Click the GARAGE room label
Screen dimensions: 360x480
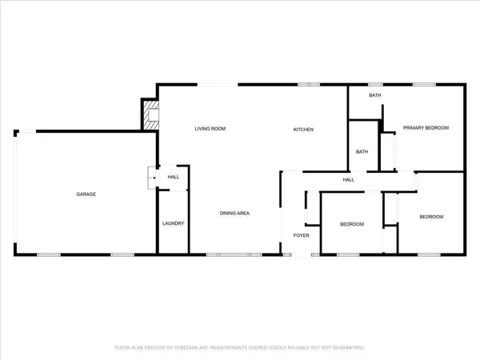click(x=86, y=194)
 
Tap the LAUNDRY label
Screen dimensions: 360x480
click(x=174, y=223)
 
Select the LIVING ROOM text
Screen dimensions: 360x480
click(x=211, y=129)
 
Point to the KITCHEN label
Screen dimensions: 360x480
click(x=302, y=129)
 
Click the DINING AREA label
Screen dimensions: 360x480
click(x=236, y=213)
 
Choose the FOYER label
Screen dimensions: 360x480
click(x=301, y=236)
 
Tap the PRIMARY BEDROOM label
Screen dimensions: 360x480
click(x=425, y=128)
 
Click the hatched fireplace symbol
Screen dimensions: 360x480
click(x=149, y=114)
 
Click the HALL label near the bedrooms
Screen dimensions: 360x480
click(x=349, y=180)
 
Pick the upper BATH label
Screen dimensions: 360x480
click(x=374, y=96)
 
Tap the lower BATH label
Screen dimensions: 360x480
click(x=362, y=151)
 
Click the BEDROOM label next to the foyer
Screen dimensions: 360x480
click(x=351, y=225)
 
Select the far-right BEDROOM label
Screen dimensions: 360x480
click(x=431, y=217)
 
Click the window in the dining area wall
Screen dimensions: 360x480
click(x=225, y=254)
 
